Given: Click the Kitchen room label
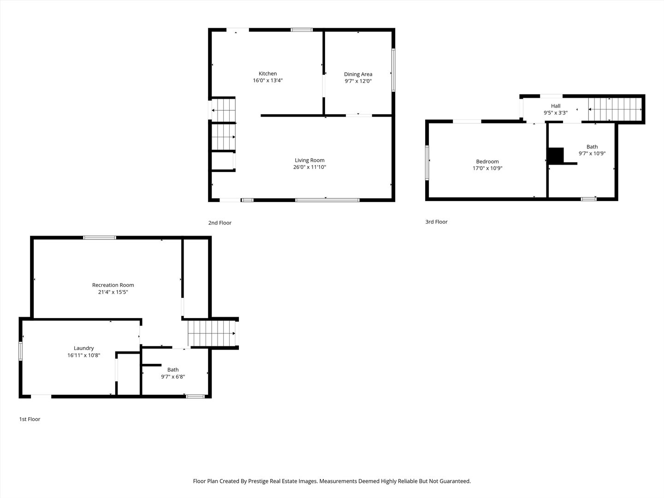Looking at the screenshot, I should tap(267, 73).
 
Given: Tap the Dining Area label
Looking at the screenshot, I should tap(358, 74).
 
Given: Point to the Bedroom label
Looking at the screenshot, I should tap(487, 161).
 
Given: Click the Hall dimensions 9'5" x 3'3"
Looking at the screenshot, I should tap(555, 113).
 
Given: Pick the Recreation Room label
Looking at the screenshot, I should tap(113, 285).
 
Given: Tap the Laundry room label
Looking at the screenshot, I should tap(83, 348).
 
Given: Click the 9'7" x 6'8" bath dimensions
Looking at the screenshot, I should tap(173, 377).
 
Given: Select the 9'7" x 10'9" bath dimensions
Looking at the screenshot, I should tap(592, 154).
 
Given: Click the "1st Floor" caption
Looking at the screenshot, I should tap(30, 419).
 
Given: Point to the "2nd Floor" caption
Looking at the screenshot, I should tap(219, 223).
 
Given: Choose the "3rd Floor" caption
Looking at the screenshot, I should tap(436, 222).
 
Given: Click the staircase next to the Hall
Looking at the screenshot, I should tap(615, 109).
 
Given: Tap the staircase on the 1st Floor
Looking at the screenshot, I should tap(211, 333).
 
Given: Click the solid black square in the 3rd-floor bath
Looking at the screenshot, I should tap(556, 155).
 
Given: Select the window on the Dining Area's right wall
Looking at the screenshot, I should tap(393, 70).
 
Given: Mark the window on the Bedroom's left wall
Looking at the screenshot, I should tap(427, 162).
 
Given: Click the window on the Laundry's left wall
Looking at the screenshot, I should tap(20, 350).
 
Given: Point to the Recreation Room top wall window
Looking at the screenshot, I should tap(100, 237).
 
